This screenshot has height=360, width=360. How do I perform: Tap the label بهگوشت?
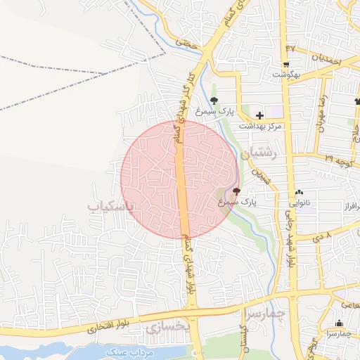288,72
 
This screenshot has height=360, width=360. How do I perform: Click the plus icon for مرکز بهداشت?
259,115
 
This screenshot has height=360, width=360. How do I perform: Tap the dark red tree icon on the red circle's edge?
236,191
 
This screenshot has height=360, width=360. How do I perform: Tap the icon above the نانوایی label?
300,191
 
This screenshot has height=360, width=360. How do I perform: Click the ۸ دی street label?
323,237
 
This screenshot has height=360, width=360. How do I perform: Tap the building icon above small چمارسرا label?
339,323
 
